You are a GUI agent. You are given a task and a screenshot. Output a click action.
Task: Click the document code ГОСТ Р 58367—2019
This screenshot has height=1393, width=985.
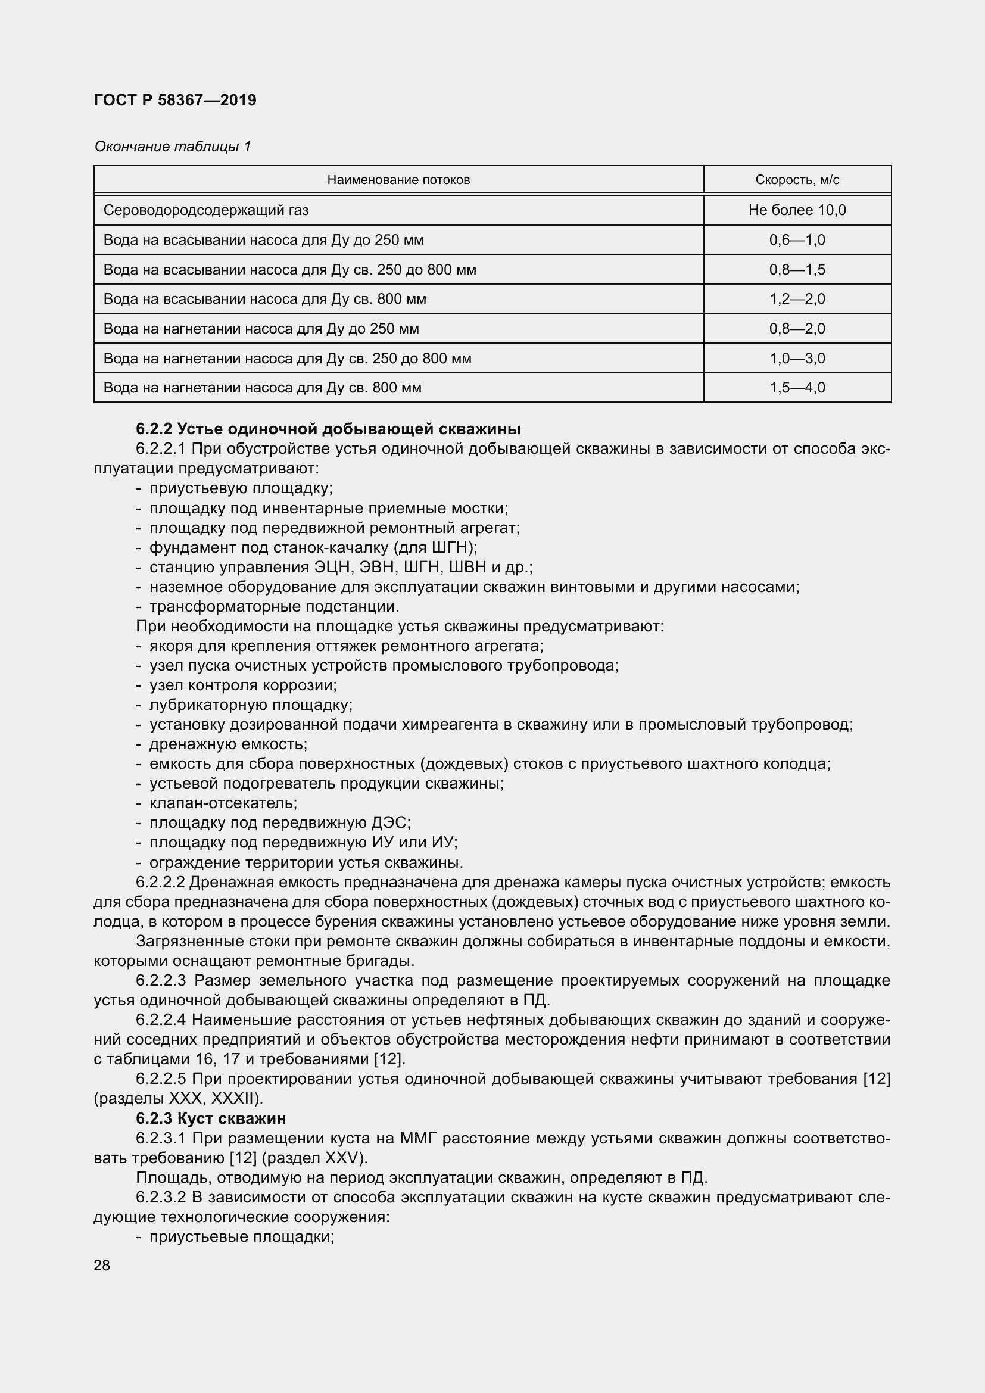[x=175, y=100]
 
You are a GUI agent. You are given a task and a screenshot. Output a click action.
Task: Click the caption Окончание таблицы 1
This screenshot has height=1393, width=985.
[x=172, y=147]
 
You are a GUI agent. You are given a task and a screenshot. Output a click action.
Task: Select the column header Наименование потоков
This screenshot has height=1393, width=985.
[x=398, y=180]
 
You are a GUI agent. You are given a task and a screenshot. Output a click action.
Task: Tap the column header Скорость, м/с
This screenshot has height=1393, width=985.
[x=797, y=180]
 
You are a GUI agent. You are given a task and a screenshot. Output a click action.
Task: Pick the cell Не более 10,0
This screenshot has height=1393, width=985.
[x=797, y=210]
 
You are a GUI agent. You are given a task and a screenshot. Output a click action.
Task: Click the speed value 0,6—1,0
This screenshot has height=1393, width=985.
[x=797, y=239]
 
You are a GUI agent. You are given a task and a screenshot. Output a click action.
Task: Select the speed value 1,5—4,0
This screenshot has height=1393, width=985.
[x=797, y=388]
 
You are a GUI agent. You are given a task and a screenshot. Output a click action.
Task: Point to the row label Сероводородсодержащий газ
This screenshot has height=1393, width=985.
[x=206, y=210]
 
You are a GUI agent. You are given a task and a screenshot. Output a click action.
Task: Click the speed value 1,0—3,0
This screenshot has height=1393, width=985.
[x=797, y=358]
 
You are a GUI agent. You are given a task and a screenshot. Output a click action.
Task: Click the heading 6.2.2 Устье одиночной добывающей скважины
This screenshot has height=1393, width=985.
[x=328, y=429]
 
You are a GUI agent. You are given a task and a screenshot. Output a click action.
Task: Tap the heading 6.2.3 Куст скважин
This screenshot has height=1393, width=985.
[x=210, y=1118]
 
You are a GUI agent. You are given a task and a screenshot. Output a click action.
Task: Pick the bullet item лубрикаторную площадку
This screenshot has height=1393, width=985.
[x=251, y=705]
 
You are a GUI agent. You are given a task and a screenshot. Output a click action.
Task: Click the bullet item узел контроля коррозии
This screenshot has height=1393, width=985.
[x=242, y=685]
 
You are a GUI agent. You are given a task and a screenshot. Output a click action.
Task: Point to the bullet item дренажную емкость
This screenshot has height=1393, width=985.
[x=228, y=744]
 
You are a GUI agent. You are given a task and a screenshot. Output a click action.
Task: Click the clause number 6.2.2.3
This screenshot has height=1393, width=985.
[x=161, y=980]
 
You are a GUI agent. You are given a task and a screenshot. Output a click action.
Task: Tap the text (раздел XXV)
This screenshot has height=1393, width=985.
[x=314, y=1158]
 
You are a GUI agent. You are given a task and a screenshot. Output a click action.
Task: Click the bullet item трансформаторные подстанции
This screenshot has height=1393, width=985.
[x=274, y=607]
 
